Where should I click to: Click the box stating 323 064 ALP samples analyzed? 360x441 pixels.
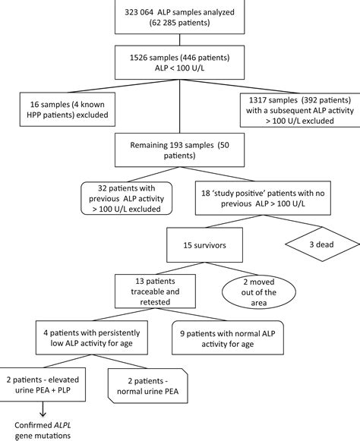click(179, 18)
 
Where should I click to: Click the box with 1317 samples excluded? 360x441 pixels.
click(293, 111)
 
